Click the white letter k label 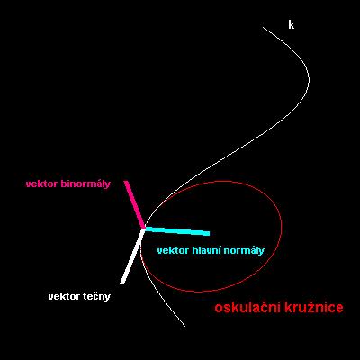pyautogui.click(x=291, y=25)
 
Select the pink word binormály pyautogui.click(x=85, y=184)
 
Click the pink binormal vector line pyautogui.click(x=134, y=204)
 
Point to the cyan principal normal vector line pyautogui.click(x=176, y=231)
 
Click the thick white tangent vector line pyautogui.click(x=132, y=256)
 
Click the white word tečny pyautogui.click(x=96, y=297)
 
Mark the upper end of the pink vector pyautogui.click(x=126, y=181)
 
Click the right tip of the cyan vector pyautogui.click(x=209, y=234)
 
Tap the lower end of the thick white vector pyautogui.click(x=122, y=283)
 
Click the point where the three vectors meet pyautogui.click(x=143, y=229)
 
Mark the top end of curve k pyautogui.click(x=263, y=27)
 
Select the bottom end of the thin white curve pyautogui.click(x=184, y=326)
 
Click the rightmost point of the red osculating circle pyautogui.click(x=282, y=223)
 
